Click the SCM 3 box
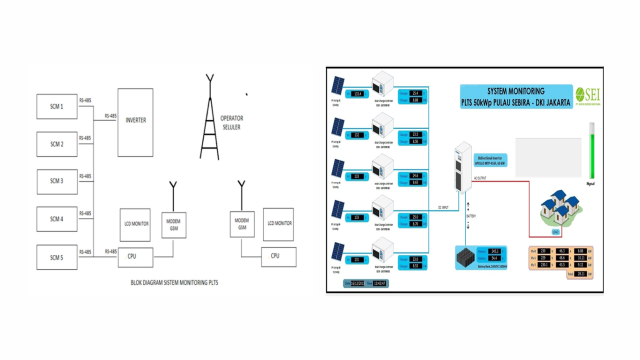57,181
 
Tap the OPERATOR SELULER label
231,122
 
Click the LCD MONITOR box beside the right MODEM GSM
278,224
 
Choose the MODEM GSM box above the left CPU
173,225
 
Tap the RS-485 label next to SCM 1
85,100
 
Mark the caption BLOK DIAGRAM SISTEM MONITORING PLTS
174,282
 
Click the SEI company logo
588,95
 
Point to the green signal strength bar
592,151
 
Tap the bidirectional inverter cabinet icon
463,167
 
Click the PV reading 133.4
357,94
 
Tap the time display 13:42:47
379,283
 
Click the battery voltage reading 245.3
495,251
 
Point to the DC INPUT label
443,207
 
